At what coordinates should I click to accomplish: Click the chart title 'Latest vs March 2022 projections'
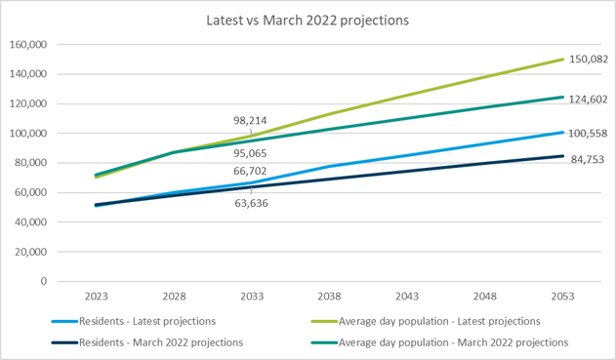pos(307,20)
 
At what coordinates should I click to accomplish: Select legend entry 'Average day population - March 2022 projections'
pos(453,341)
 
